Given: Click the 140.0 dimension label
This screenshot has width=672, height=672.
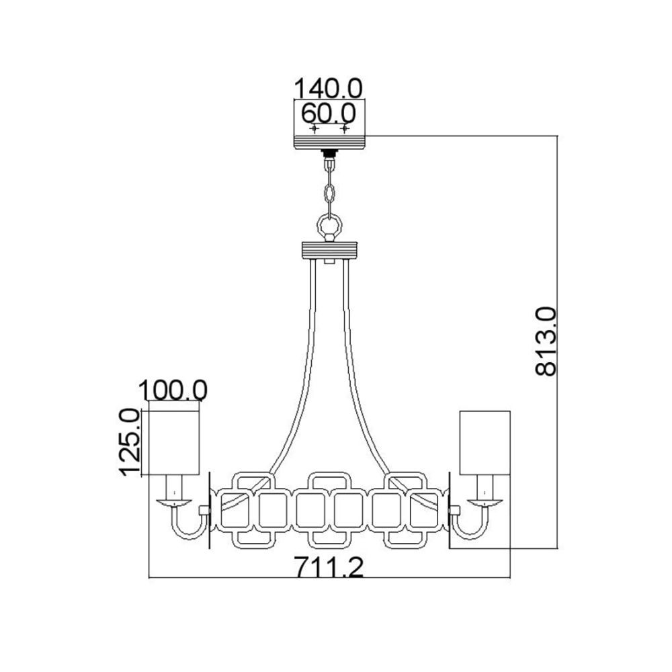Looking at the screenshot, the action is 329,88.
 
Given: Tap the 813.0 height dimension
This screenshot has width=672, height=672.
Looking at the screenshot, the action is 546,341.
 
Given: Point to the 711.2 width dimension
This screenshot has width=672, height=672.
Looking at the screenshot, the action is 329,566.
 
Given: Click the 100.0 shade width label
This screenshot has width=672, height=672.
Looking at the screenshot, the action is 173,390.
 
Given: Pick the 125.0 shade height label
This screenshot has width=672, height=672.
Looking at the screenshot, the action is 130,442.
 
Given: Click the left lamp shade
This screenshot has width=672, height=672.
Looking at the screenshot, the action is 174,443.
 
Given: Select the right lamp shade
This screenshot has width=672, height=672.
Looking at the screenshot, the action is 485,443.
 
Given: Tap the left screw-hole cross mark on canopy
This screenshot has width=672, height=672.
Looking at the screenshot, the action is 314,128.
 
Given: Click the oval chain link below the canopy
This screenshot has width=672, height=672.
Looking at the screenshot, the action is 329,194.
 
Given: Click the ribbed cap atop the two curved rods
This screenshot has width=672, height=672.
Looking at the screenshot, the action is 329,251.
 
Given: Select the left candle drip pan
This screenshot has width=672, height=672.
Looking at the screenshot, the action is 174,503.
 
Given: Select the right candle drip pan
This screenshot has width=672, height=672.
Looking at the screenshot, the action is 485,503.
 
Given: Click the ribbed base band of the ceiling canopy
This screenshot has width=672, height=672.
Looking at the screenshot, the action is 329,142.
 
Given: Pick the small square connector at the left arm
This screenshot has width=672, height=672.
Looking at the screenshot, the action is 204,511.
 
